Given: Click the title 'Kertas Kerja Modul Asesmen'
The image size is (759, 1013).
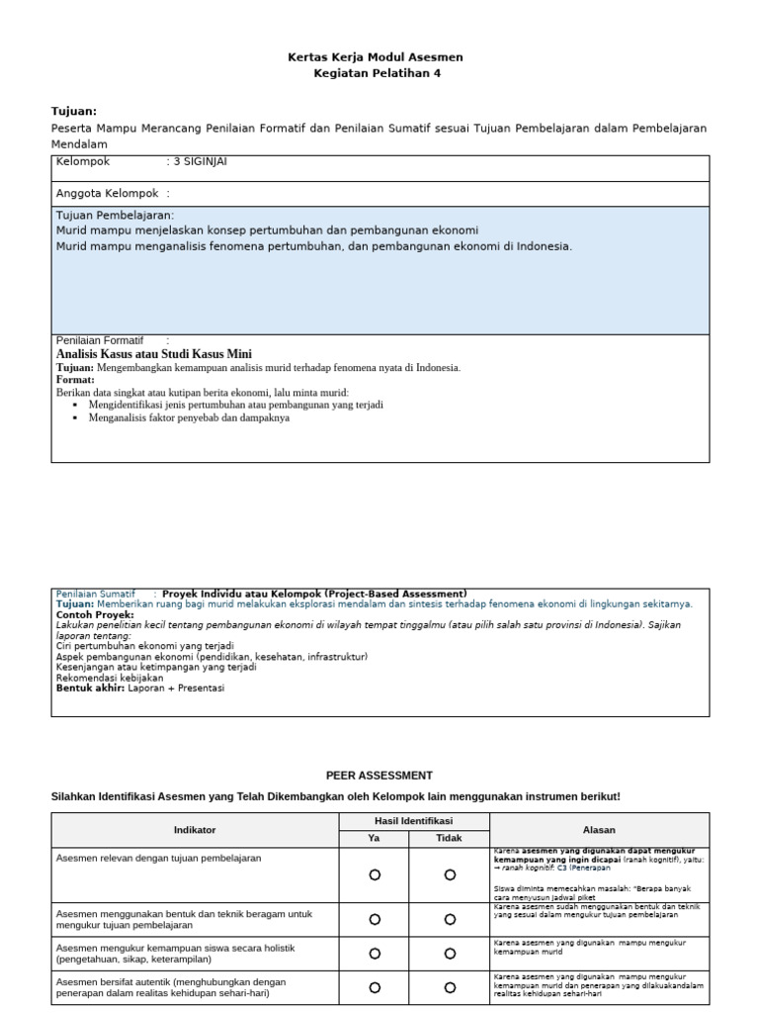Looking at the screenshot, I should click(x=375, y=57).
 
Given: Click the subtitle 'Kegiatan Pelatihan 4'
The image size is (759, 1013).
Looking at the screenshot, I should click(x=377, y=73).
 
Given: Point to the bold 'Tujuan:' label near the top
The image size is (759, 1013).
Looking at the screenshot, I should click(x=74, y=112).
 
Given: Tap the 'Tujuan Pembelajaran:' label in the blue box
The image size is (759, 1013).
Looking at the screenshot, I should click(x=115, y=215).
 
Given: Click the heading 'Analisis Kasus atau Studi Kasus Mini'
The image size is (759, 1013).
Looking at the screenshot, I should click(x=154, y=354).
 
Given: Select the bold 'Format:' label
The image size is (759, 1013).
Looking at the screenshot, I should click(x=76, y=380).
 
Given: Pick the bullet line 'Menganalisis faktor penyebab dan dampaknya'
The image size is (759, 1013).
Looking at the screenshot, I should click(x=202, y=417).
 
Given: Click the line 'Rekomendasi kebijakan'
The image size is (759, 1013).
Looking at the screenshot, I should click(x=110, y=678).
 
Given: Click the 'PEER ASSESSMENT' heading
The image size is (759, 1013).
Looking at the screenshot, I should click(x=379, y=776).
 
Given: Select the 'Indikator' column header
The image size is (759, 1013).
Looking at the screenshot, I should click(x=195, y=830).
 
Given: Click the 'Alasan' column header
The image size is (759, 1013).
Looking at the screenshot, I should click(x=599, y=830).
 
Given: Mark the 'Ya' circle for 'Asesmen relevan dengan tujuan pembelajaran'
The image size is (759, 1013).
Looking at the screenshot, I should click(x=375, y=875).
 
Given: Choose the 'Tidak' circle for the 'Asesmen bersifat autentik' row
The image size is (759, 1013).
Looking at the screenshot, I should click(x=450, y=987).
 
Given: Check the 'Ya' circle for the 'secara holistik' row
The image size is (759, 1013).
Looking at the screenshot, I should click(x=375, y=954).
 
